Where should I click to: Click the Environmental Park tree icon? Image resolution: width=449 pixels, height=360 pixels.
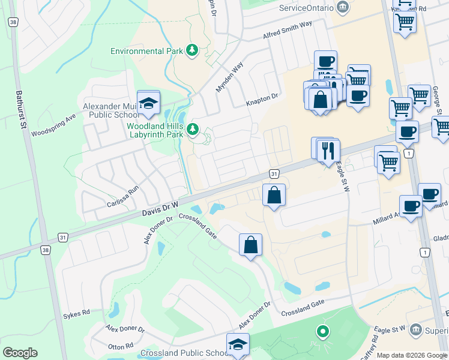[192, 50]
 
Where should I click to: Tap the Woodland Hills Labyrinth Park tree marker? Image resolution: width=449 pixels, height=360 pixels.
[193, 129]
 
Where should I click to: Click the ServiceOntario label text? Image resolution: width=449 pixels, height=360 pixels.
[306, 8]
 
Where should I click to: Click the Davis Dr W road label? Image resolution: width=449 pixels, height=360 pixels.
[160, 209]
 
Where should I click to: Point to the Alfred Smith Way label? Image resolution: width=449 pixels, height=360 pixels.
[288, 31]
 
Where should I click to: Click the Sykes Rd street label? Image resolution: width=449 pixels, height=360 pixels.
[76, 313]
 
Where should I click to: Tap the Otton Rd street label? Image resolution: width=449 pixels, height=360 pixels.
[120, 346]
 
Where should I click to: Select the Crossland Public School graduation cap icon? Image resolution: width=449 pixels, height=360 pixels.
[238, 345]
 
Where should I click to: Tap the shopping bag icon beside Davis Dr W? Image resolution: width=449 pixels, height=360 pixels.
[274, 195]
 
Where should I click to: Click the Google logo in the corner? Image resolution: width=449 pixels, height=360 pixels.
[20, 353]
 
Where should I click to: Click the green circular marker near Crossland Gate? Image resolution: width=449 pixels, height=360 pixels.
[322, 331]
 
